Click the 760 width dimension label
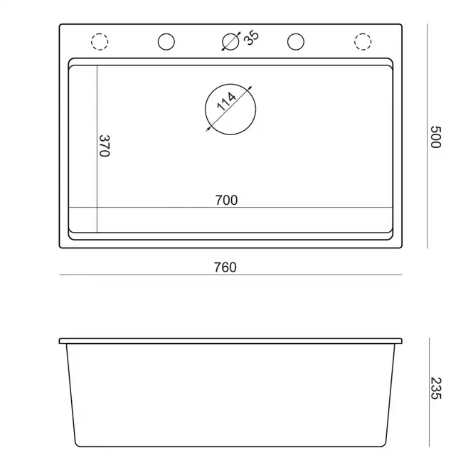(225, 267)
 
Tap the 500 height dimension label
(435, 137)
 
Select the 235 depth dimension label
(435, 388)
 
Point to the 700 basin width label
(226, 201)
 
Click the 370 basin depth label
(105, 146)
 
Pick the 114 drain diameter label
(226, 101)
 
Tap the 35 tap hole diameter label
(251, 38)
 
